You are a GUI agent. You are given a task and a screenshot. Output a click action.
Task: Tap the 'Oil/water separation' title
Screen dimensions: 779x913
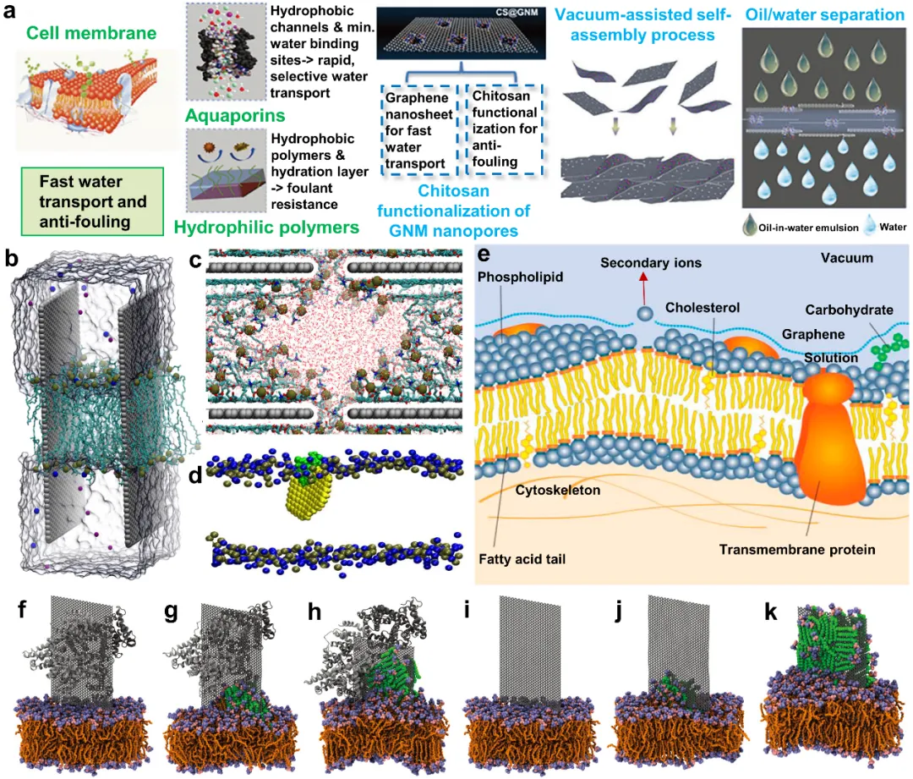pyautogui.click(x=821, y=14)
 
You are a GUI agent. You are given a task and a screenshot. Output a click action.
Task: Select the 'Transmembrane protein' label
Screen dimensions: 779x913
pyautogui.click(x=797, y=550)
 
